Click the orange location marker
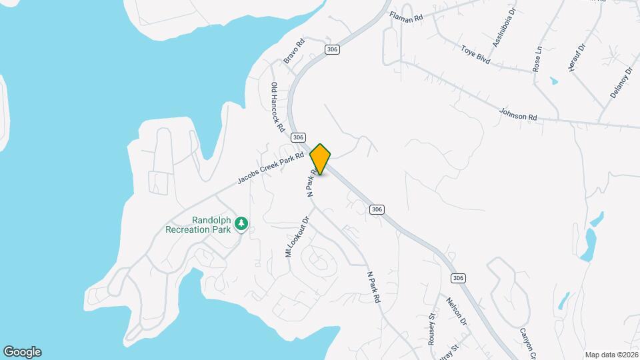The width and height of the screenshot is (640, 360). [x=320, y=159]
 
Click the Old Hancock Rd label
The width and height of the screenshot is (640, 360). [x=277, y=107]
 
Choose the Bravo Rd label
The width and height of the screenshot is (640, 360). [x=294, y=51]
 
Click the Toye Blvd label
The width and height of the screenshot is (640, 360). [x=475, y=54]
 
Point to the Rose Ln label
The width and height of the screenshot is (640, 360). [x=537, y=59]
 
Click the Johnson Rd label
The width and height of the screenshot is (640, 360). [x=518, y=115]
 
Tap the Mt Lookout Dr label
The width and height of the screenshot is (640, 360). [x=298, y=236]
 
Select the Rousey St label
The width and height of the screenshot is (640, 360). [x=433, y=328]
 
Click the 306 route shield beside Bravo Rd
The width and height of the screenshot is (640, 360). [x=331, y=49]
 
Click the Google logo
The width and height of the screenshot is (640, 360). [x=22, y=352]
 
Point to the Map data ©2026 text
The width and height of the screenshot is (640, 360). [x=611, y=355]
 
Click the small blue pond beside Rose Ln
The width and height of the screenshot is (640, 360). [x=554, y=81]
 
